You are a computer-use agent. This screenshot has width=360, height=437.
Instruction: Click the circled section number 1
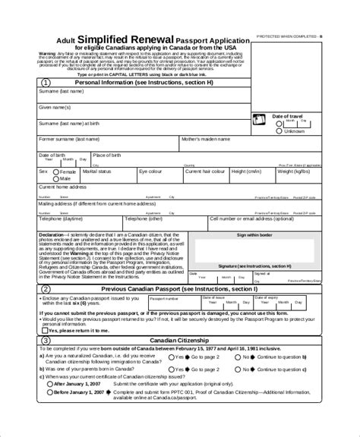tap(48, 83)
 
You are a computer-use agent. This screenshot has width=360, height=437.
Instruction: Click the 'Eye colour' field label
tap(151, 172)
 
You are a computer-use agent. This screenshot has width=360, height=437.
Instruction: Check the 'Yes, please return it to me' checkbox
tap(46, 331)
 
